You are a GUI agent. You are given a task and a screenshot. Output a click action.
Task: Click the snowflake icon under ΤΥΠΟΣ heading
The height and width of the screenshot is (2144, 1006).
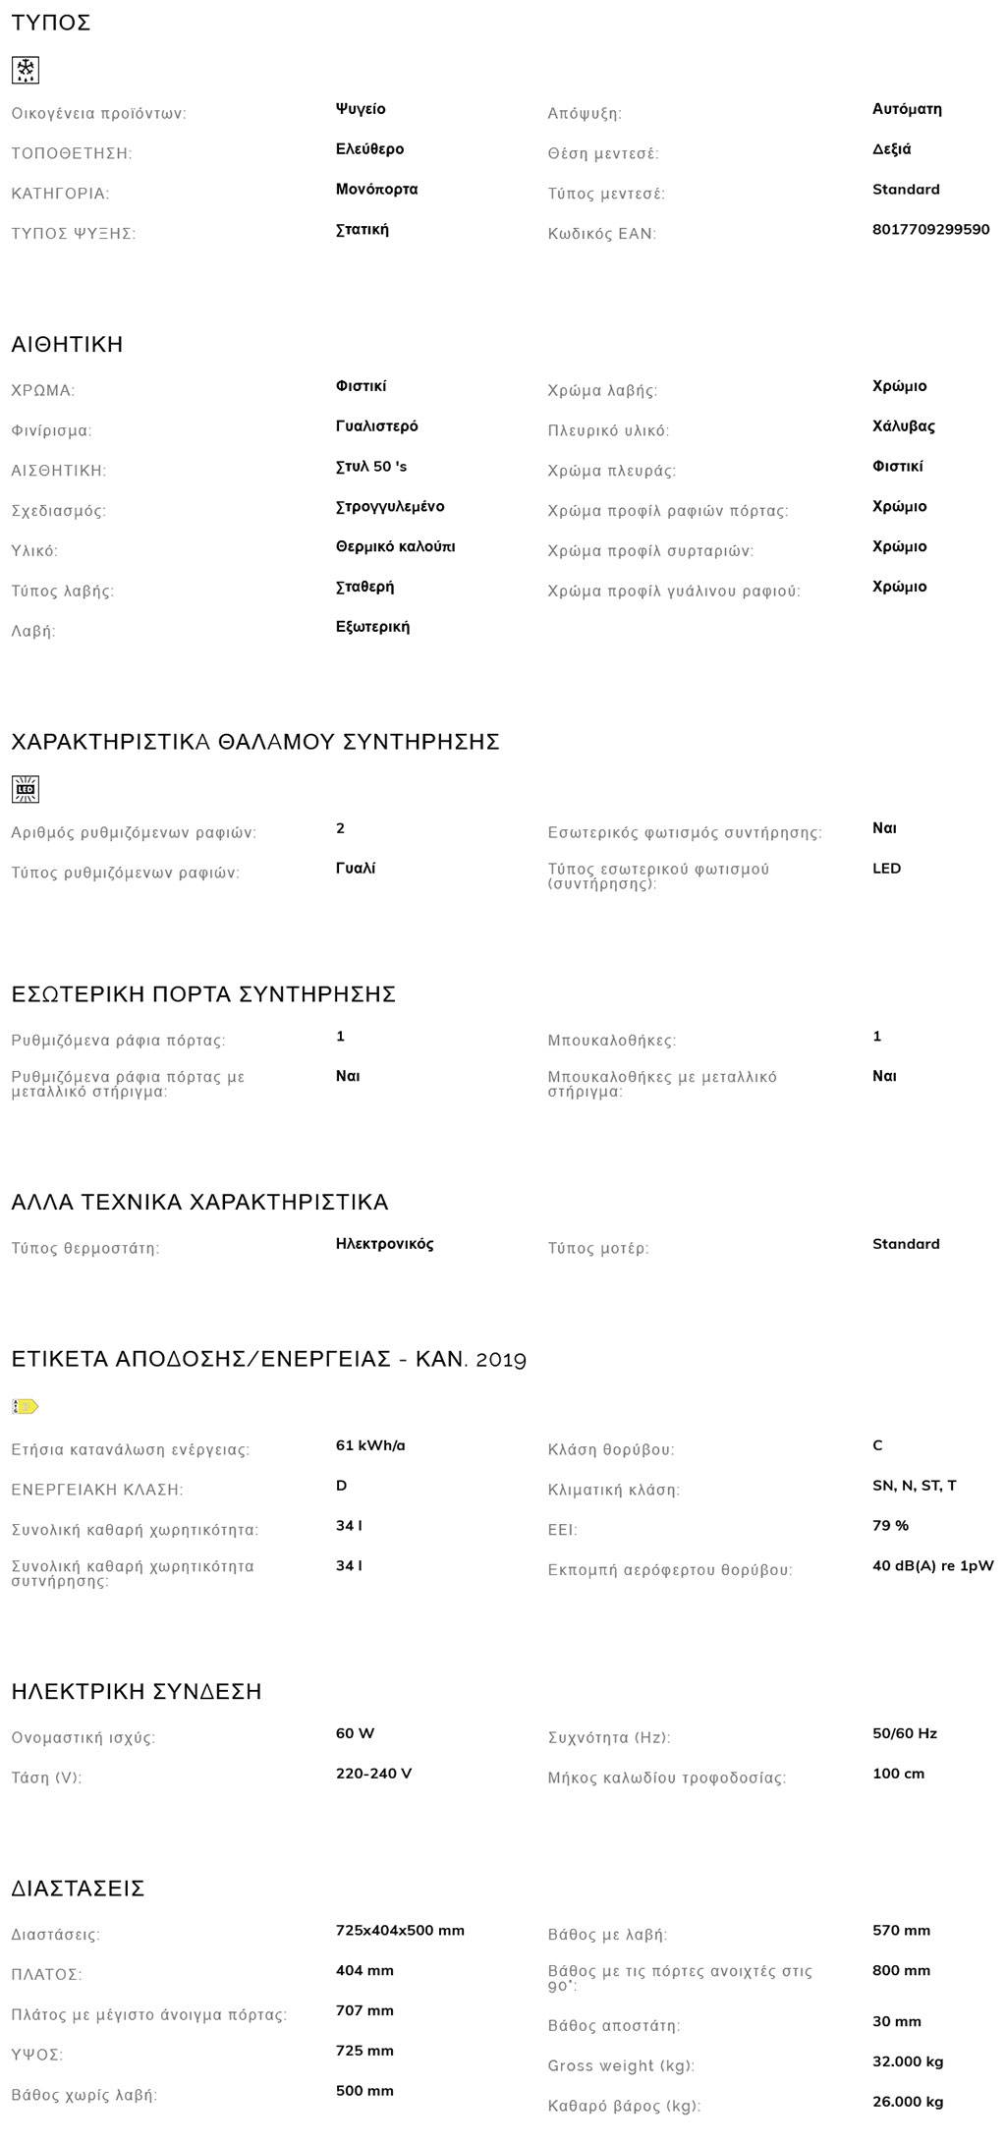pos(26,70)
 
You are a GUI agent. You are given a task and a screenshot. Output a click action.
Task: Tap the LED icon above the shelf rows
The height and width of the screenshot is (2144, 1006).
pos(26,789)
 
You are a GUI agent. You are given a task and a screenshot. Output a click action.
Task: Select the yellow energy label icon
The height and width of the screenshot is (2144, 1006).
pos(26,1406)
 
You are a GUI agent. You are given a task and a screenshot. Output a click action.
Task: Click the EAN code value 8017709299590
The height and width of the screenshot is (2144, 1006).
pos(930,229)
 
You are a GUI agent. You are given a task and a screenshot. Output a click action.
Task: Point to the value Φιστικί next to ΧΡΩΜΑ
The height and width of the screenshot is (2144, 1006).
pos(361,386)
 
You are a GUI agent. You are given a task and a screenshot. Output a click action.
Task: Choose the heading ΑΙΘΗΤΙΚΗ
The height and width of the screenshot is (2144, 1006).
pos(67,344)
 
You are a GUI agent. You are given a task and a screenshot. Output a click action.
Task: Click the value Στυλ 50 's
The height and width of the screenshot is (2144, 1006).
pos(370,467)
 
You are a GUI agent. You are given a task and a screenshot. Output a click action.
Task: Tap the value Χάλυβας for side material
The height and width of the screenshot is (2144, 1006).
pos(903,426)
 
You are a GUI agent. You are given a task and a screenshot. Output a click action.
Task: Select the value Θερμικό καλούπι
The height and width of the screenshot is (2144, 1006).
pos(395,546)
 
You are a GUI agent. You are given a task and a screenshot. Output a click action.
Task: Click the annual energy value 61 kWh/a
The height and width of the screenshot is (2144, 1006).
pos(370,1445)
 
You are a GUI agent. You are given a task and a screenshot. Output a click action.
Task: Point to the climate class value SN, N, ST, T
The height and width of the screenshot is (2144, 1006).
pos(914,1486)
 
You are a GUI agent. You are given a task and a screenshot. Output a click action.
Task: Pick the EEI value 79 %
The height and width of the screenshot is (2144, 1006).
pos(890,1526)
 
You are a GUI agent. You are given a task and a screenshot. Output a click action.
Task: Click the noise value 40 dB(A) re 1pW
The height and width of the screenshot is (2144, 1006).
pos(932,1566)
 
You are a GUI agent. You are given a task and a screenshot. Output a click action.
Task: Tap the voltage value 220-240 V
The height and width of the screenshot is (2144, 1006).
pos(373,1774)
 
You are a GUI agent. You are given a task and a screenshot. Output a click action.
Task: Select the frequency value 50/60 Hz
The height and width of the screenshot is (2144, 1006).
pos(904,1733)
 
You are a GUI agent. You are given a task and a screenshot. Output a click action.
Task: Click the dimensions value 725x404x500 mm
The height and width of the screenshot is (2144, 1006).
pos(400,1930)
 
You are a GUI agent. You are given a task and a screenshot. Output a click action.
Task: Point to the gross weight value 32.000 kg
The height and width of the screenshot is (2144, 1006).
pos(908,2061)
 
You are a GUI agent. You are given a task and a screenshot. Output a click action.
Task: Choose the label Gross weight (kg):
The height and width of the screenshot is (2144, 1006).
pos(621,2065)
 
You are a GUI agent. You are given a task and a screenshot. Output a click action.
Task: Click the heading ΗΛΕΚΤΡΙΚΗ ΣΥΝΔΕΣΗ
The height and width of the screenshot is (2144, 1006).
pos(137,1691)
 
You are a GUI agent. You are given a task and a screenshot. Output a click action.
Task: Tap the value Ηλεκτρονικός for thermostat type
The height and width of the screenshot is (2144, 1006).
pos(384,1244)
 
